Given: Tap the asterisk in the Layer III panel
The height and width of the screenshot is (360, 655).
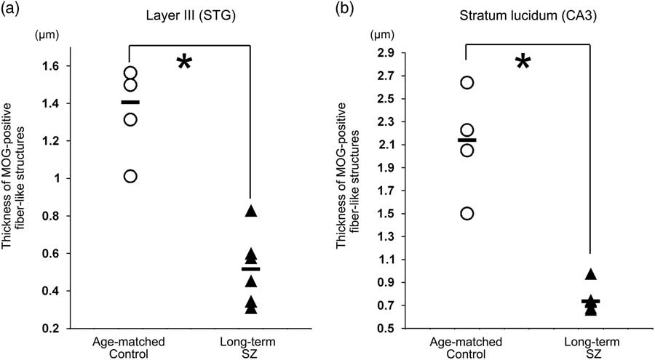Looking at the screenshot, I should [184, 64].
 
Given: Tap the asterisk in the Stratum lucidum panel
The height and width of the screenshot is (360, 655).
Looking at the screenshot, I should [523, 64].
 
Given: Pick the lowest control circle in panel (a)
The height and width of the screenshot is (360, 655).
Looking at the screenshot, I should [130, 176].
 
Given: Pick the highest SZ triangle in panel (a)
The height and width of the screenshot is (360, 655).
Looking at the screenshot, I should [251, 211].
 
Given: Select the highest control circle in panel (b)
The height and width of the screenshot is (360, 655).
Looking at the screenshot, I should [467, 82].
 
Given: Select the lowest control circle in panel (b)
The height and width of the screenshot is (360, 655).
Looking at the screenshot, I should [467, 213].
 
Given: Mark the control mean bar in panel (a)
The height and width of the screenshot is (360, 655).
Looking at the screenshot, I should [130, 103].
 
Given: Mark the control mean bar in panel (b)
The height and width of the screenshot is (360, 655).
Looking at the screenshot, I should [467, 140].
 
